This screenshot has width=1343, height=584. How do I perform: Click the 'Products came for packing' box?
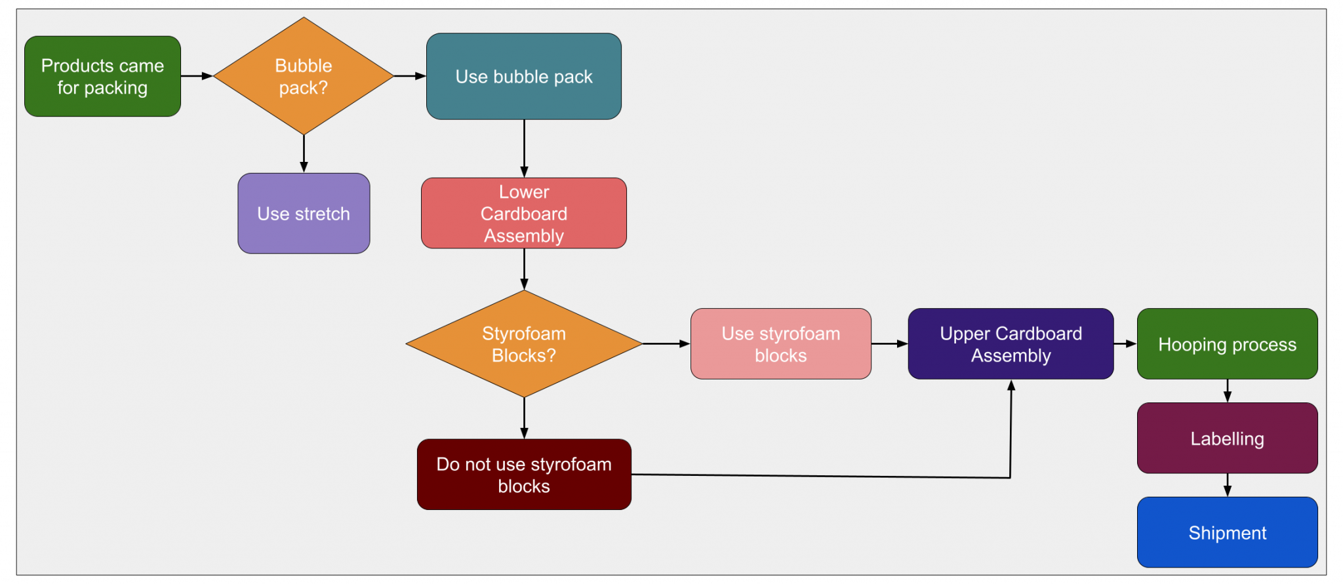tap(102, 77)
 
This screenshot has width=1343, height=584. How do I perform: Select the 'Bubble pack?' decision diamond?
tap(303, 77)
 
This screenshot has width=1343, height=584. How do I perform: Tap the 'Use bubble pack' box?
tap(523, 77)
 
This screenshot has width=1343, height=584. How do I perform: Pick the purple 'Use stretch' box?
tap(304, 214)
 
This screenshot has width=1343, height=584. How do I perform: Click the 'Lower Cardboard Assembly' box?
tap(523, 213)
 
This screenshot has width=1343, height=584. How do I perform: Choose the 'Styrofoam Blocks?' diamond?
tap(523, 344)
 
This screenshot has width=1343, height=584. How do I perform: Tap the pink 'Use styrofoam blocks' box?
tap(780, 344)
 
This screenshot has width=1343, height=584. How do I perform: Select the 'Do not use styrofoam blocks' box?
tap(523, 475)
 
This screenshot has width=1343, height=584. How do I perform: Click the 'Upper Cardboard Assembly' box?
tap(1011, 344)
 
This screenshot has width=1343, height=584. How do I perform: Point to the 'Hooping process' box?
tap(1227, 344)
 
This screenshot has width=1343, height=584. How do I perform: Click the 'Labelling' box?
tap(1227, 438)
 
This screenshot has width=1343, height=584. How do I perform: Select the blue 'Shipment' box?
tap(1227, 533)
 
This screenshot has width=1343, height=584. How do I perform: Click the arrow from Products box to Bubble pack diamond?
tap(197, 76)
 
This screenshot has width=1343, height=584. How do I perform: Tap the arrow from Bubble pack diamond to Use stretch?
tap(304, 155)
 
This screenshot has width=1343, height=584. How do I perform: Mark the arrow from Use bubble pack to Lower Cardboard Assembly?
tap(524, 149)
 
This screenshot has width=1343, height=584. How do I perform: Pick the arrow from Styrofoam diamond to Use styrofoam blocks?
tap(666, 343)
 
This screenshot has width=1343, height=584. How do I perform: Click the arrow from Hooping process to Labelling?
tap(1228, 391)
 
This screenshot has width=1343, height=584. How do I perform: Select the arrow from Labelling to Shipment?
tap(1228, 486)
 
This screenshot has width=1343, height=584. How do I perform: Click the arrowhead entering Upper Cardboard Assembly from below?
tap(1011, 386)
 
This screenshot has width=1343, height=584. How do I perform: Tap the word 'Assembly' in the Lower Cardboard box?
tap(523, 236)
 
